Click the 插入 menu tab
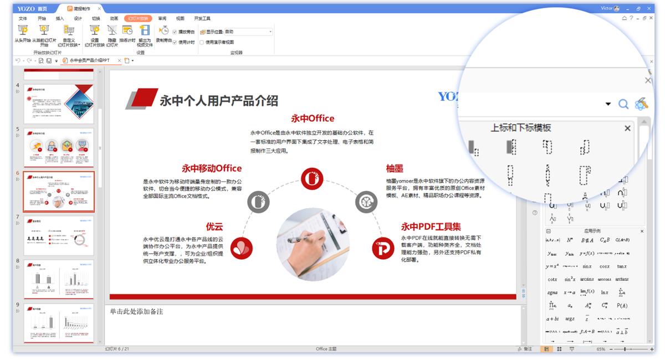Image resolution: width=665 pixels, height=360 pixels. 60,18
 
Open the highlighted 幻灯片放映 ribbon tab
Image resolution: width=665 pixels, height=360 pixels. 138,18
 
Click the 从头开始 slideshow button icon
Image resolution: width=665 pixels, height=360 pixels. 23,31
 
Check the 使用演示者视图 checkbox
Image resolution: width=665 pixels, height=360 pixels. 202,42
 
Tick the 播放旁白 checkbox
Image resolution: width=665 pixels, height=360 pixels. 175,32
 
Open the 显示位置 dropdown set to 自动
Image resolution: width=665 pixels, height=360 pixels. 270,32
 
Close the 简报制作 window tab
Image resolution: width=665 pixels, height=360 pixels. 99,9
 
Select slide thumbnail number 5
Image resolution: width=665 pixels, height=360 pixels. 59,147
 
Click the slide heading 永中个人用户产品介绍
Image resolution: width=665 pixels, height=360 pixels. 218,100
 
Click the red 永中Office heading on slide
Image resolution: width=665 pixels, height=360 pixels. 313,118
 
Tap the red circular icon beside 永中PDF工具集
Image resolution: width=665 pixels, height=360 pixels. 382,249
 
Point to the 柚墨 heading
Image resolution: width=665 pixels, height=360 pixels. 395,168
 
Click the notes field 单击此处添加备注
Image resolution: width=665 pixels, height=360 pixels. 136,312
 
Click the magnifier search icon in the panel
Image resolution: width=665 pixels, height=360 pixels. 623,104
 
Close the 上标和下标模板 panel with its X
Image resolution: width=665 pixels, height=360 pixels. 627,128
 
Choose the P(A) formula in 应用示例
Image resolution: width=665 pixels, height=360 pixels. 622,306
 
